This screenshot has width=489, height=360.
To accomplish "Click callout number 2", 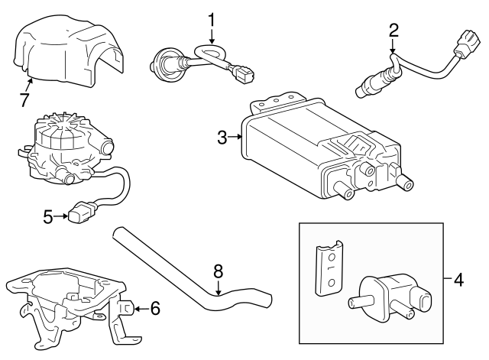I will click(393, 31).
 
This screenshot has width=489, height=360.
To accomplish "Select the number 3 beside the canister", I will click(222, 138).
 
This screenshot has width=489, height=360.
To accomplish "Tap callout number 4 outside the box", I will click(458, 280).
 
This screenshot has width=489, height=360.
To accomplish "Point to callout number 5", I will click(47, 217).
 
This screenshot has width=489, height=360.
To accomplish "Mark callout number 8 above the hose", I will click(218, 270).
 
